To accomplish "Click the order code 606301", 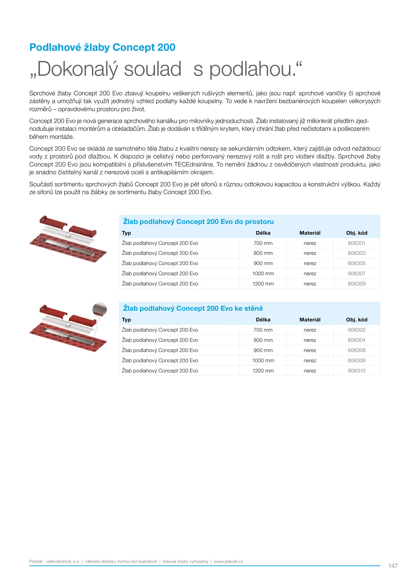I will pos(356,243).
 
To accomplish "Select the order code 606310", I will pos(356,371).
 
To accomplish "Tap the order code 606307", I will pos(356,273).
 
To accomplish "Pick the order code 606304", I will pos(356,340).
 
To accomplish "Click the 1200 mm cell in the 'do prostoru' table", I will pos(263,284).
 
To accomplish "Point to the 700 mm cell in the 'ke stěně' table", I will pos(263,330).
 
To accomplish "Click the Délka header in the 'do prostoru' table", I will pos(263,233).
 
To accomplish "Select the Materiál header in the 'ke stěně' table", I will pos(310,320).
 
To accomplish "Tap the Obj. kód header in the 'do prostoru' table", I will pos(356,233).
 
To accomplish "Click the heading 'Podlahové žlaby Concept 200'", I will pos(102,47).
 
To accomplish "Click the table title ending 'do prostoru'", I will pos(198,222).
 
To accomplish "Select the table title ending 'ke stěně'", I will pos(193,308).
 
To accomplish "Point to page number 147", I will pos(393,566).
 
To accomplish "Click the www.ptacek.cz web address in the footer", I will pos(228,561).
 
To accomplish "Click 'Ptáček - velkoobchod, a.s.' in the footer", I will pos(54,561).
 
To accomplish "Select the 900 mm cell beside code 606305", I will pos(263,263).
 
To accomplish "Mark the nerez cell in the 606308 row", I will pos(310,360).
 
